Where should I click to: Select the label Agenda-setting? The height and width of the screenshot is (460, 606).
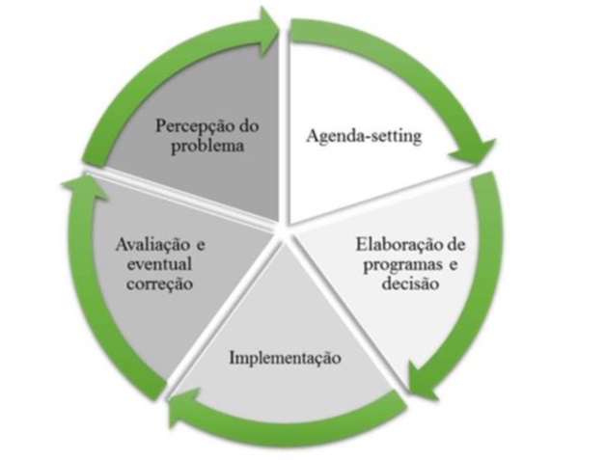(x=364, y=136)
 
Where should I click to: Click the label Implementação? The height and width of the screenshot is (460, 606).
(x=285, y=359)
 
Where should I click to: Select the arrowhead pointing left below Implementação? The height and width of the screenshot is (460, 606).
(x=183, y=409)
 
